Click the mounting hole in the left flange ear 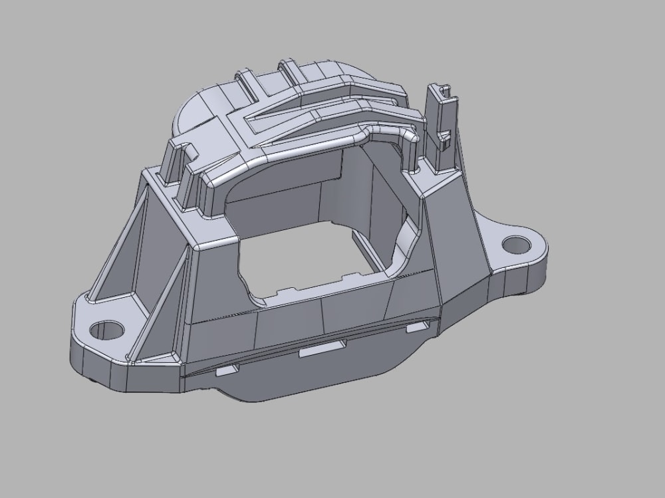tap(106, 329)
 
